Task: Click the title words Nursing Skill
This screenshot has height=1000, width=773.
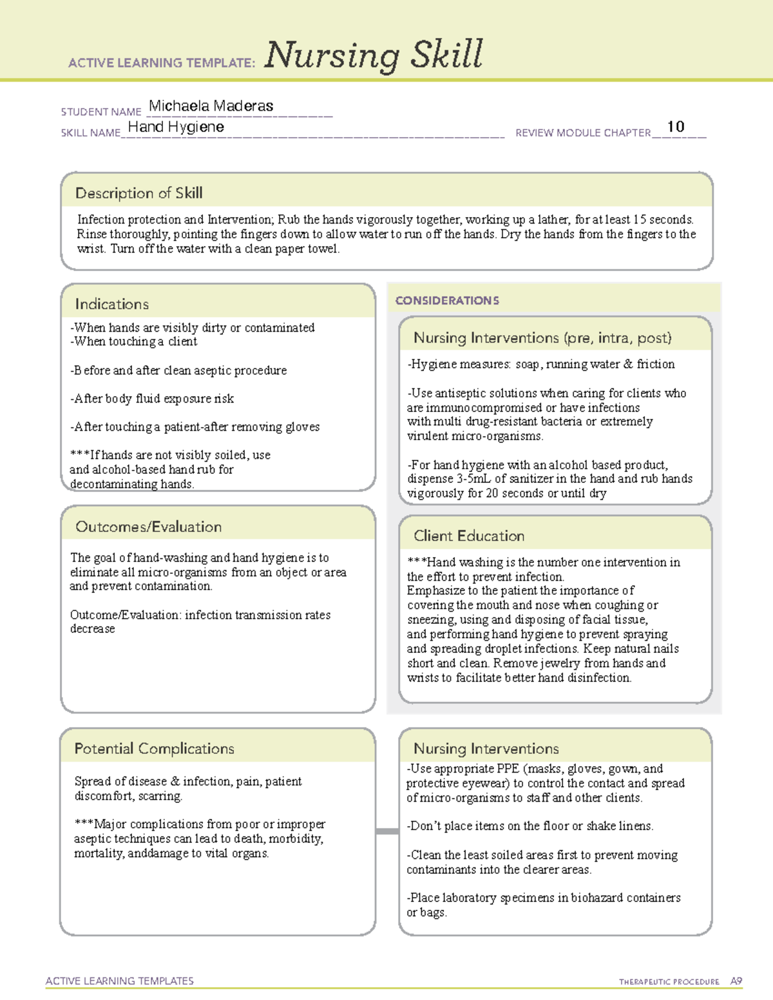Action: [373, 55]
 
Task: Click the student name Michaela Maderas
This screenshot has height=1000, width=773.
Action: [211, 106]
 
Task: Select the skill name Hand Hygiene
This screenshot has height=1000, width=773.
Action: [176, 127]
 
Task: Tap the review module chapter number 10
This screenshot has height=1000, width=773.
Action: [675, 127]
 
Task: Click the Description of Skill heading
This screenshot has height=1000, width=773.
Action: [138, 193]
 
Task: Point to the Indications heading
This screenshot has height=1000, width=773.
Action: [111, 304]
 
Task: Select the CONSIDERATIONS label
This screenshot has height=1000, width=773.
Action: [446, 301]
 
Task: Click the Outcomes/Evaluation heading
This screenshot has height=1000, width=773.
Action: [148, 527]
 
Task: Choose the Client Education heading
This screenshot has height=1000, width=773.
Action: [468, 536]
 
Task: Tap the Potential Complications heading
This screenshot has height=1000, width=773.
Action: [154, 748]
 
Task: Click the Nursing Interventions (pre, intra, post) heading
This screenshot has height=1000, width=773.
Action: [542, 338]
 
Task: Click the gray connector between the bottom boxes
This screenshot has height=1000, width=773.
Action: [386, 831]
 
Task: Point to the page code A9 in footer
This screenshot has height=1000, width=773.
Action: [736, 981]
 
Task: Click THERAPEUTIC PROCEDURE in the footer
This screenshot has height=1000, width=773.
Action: [669, 982]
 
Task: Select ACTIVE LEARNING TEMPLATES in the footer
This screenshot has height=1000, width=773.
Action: [119, 981]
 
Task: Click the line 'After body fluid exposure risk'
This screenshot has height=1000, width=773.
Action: [152, 399]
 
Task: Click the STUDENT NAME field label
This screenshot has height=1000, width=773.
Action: [100, 112]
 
